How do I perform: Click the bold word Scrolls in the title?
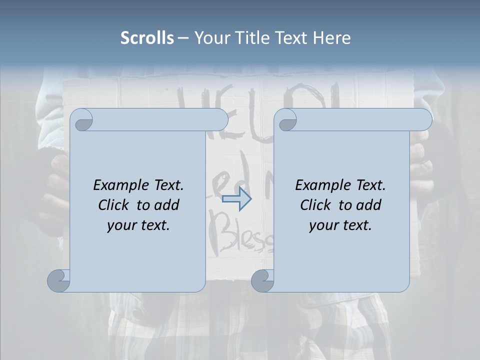point(147,38)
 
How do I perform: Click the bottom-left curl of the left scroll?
point(59,280)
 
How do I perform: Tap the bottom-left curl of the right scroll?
point(262,280)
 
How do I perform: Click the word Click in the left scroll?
point(114,205)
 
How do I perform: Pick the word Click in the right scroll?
point(316,205)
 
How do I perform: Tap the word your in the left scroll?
point(120,226)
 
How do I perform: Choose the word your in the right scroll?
point(322,226)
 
